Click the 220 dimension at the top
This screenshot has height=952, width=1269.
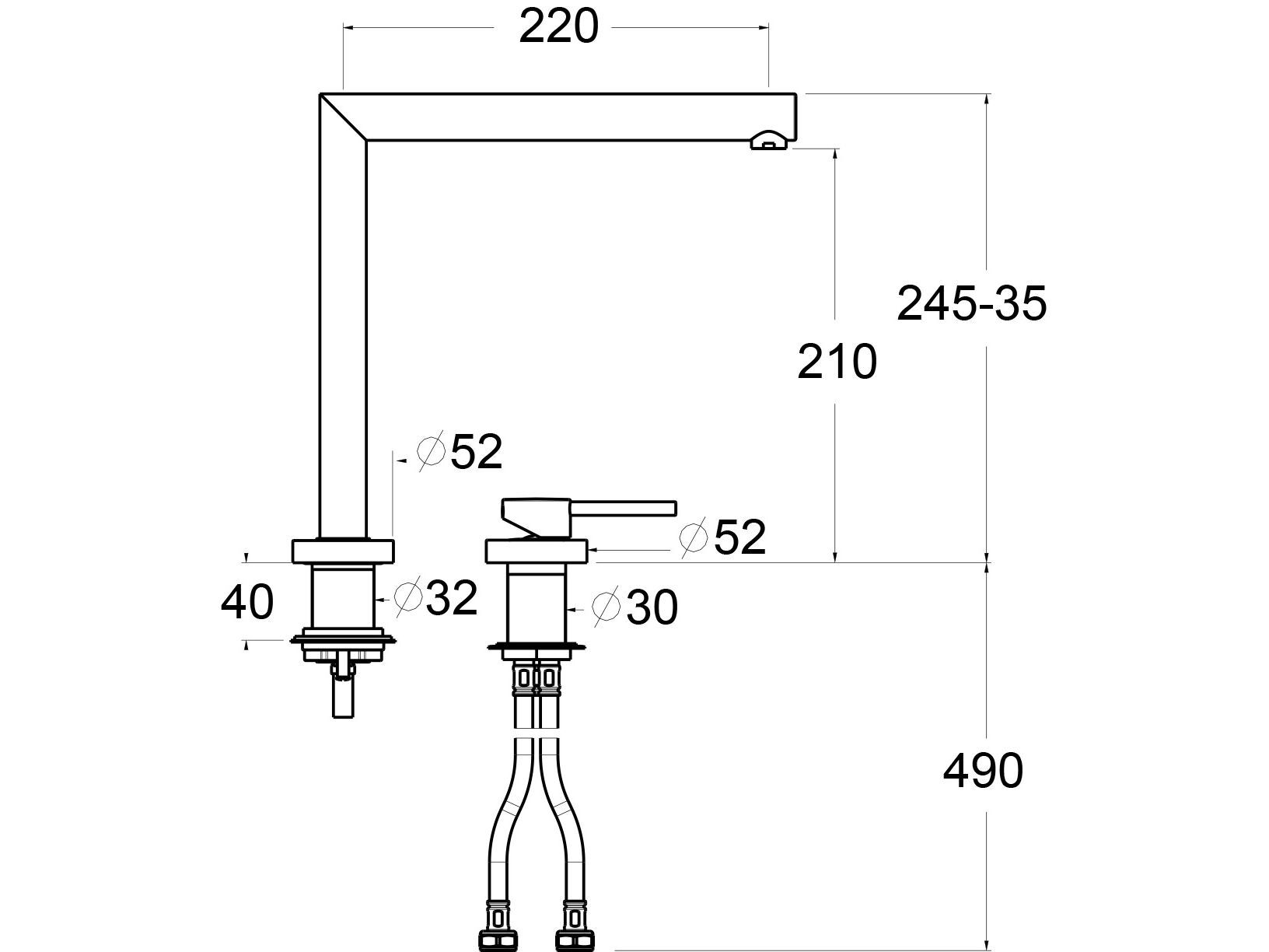coord(558,28)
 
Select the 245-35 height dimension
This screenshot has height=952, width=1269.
coord(971,303)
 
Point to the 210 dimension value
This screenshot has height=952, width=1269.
coord(837,362)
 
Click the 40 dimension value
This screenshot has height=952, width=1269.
coord(247,602)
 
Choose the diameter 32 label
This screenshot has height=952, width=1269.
coord(435,598)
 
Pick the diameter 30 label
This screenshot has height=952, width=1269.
coord(634,607)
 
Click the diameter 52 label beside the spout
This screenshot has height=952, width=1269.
coord(460,451)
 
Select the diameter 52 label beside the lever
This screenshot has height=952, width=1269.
coord(722,537)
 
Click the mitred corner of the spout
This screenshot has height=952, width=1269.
coord(343,117)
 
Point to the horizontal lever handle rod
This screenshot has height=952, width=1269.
coord(626,509)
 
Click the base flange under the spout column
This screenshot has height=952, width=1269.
coord(343,551)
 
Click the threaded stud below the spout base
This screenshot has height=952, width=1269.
coord(343,692)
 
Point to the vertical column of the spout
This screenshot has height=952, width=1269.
coord(343,334)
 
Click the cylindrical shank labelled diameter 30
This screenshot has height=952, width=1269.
coord(536,603)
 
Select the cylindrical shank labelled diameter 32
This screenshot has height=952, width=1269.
coord(343,597)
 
